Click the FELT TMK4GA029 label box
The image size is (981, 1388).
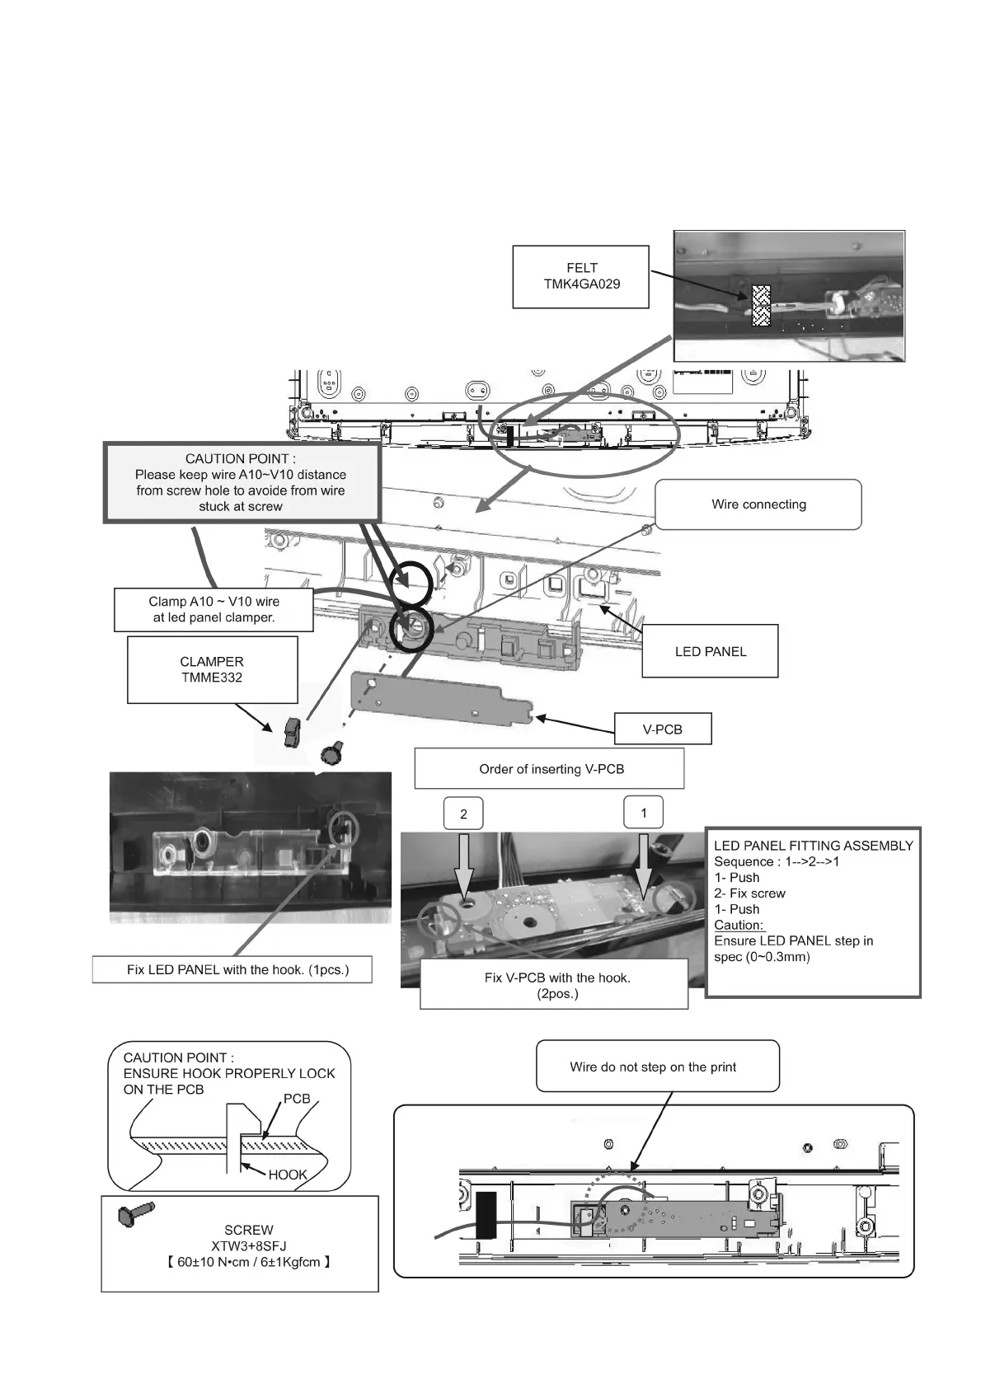[x=580, y=277]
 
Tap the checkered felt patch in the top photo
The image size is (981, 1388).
[x=760, y=307]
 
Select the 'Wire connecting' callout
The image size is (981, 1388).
[x=758, y=504]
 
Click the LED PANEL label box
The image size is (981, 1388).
[x=710, y=651]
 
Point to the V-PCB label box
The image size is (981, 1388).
[x=662, y=729]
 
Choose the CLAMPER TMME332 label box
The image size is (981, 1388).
[x=212, y=669]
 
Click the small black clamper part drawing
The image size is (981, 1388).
[x=291, y=733]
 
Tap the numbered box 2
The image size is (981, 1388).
[x=463, y=814]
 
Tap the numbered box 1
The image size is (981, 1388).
[x=644, y=813]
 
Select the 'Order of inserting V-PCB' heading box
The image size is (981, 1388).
[x=551, y=769]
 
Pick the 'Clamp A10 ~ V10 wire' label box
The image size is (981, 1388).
[x=214, y=610]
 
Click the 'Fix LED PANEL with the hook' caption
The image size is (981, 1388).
[x=237, y=970]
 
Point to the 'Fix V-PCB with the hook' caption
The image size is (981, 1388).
[x=556, y=985]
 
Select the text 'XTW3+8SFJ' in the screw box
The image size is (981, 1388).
[x=248, y=1245]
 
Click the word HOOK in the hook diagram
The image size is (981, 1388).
[x=287, y=1175]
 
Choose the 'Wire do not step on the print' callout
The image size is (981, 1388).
[x=652, y=1067]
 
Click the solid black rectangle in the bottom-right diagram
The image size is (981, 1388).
[x=486, y=1214]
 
